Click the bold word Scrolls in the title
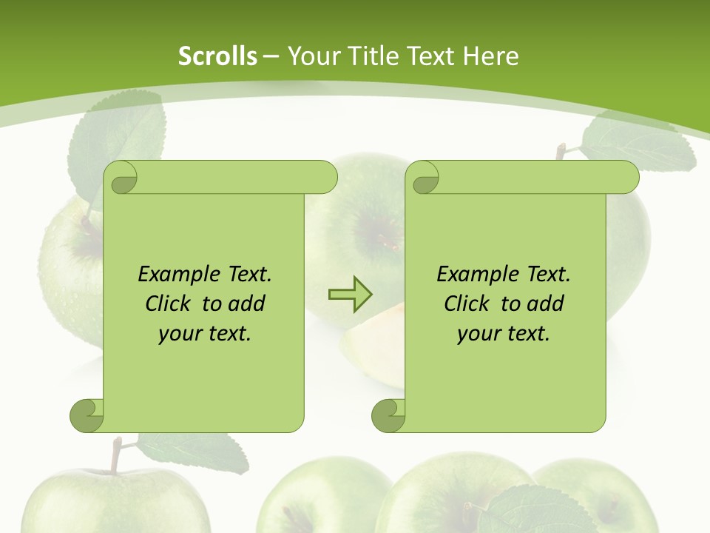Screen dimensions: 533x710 pyautogui.click(x=217, y=56)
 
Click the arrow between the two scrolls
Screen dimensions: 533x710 pyautogui.click(x=350, y=295)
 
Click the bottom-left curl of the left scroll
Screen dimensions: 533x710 pyautogui.click(x=87, y=415)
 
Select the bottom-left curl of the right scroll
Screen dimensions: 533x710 pyautogui.click(x=388, y=415)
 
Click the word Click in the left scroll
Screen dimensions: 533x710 pyautogui.click(x=170, y=304)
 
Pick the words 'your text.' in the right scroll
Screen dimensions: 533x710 pyautogui.click(x=503, y=333)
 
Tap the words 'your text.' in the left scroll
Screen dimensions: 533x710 pyautogui.click(x=205, y=333)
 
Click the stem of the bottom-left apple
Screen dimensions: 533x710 pyautogui.click(x=115, y=455)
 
